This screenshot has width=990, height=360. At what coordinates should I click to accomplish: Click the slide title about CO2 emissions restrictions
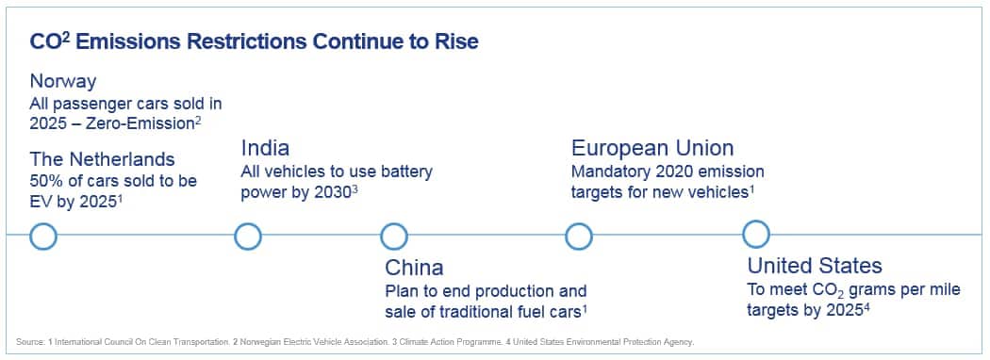pos(254,41)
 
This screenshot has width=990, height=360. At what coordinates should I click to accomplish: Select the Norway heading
pos(63,81)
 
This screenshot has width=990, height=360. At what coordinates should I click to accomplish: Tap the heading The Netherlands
pos(102,158)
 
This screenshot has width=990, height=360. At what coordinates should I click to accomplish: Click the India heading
pos(265,148)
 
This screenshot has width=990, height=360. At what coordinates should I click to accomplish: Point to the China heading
pos(414,267)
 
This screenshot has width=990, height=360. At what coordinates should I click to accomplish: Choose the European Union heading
pos(652,148)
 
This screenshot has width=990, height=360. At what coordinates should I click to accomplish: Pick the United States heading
pos(815,265)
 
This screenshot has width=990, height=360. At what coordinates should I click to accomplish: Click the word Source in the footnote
pos(29,342)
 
